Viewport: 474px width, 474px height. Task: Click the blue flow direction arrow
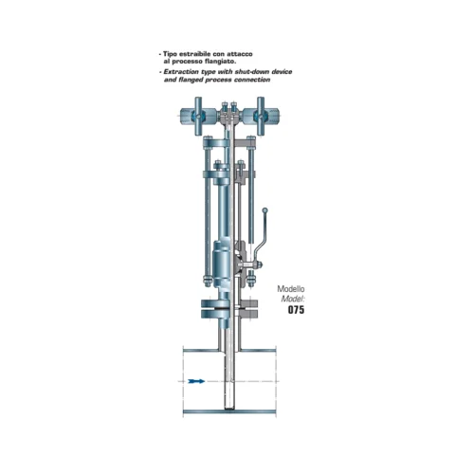click(196, 381)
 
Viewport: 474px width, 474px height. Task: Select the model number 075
click(296, 309)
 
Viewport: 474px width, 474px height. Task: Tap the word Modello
click(291, 289)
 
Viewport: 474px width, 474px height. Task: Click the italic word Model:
click(293, 299)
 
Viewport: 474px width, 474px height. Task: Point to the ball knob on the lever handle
click(265, 210)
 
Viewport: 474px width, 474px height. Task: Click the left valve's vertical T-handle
click(198, 116)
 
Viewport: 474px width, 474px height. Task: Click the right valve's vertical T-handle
click(261, 116)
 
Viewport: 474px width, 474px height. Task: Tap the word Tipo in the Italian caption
click(170, 54)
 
